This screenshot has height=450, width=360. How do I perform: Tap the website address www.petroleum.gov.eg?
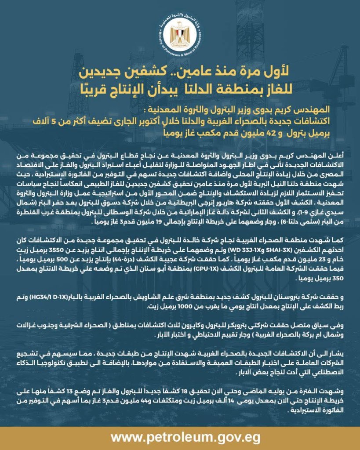[x=180, y=438]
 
